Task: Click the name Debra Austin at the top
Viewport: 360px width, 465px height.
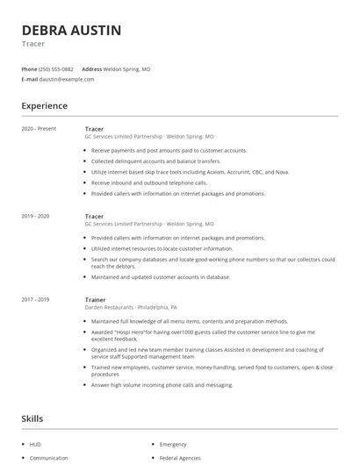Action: coord(72,30)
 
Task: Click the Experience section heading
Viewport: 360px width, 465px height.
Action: coord(45,106)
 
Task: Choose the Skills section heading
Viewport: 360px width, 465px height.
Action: coord(32,419)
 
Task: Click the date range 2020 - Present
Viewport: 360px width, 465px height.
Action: coord(38,129)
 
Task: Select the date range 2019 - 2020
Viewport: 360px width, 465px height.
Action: coord(35,216)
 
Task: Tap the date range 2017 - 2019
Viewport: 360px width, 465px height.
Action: coord(35,299)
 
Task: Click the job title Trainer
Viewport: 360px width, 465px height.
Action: coord(95,299)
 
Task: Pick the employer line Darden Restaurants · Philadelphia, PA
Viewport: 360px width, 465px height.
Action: coord(131,308)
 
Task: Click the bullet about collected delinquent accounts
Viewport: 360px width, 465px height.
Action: coord(156,161)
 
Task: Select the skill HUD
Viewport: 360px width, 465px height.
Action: coord(36,444)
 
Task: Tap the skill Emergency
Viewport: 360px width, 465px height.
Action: coord(174,444)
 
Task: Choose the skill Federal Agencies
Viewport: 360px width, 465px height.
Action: coord(180,458)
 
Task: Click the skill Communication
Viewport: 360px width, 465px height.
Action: coord(48,458)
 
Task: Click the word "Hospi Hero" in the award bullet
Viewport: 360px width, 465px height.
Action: coord(129,332)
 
